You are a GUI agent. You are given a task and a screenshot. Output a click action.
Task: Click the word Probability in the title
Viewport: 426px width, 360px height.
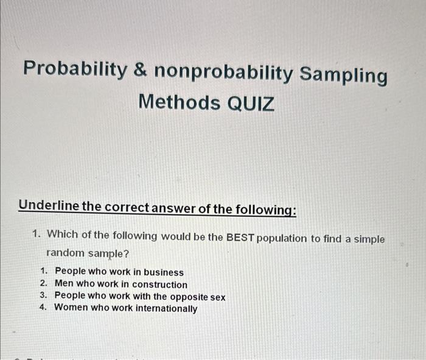(x=75, y=68)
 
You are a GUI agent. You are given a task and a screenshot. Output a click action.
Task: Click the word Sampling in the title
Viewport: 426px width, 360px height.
(x=343, y=76)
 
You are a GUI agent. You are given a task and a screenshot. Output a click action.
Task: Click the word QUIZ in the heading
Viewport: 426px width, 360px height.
(x=250, y=104)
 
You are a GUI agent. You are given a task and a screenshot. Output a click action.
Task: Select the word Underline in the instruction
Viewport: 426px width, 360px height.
(x=49, y=205)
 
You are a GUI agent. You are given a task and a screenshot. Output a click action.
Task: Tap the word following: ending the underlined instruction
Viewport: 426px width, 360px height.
(x=265, y=210)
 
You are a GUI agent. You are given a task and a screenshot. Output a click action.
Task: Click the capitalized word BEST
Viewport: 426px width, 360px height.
(x=240, y=238)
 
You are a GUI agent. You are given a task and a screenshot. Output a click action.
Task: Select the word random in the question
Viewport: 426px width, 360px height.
(x=66, y=253)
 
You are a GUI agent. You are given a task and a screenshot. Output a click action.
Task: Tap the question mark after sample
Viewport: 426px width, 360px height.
(x=126, y=254)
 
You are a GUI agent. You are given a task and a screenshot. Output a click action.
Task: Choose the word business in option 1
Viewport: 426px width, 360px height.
(x=164, y=272)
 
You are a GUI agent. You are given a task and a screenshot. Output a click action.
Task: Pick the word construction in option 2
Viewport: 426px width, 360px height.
(x=159, y=284)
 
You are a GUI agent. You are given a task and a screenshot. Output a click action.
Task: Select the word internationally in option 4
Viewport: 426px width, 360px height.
(x=166, y=309)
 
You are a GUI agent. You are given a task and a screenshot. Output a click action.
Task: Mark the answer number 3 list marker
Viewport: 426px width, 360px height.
(x=43, y=295)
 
